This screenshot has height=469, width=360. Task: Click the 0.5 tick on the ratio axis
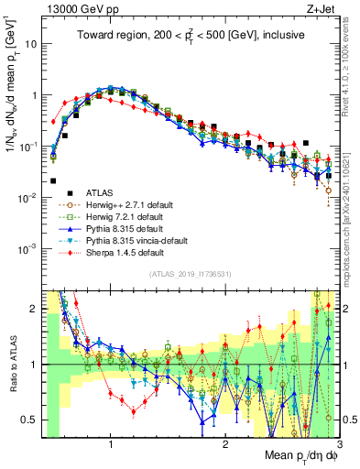pyautogui.click(x=33, y=420)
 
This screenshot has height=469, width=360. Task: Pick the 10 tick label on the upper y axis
pyautogui.click(x=33, y=44)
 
